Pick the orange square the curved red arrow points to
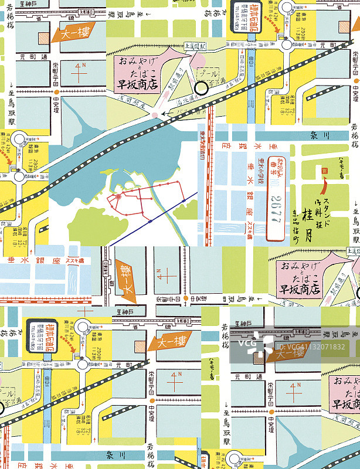click(325, 170)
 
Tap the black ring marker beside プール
click(201, 89)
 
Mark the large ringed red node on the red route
click(118, 196)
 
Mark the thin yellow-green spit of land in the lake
click(111, 176)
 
